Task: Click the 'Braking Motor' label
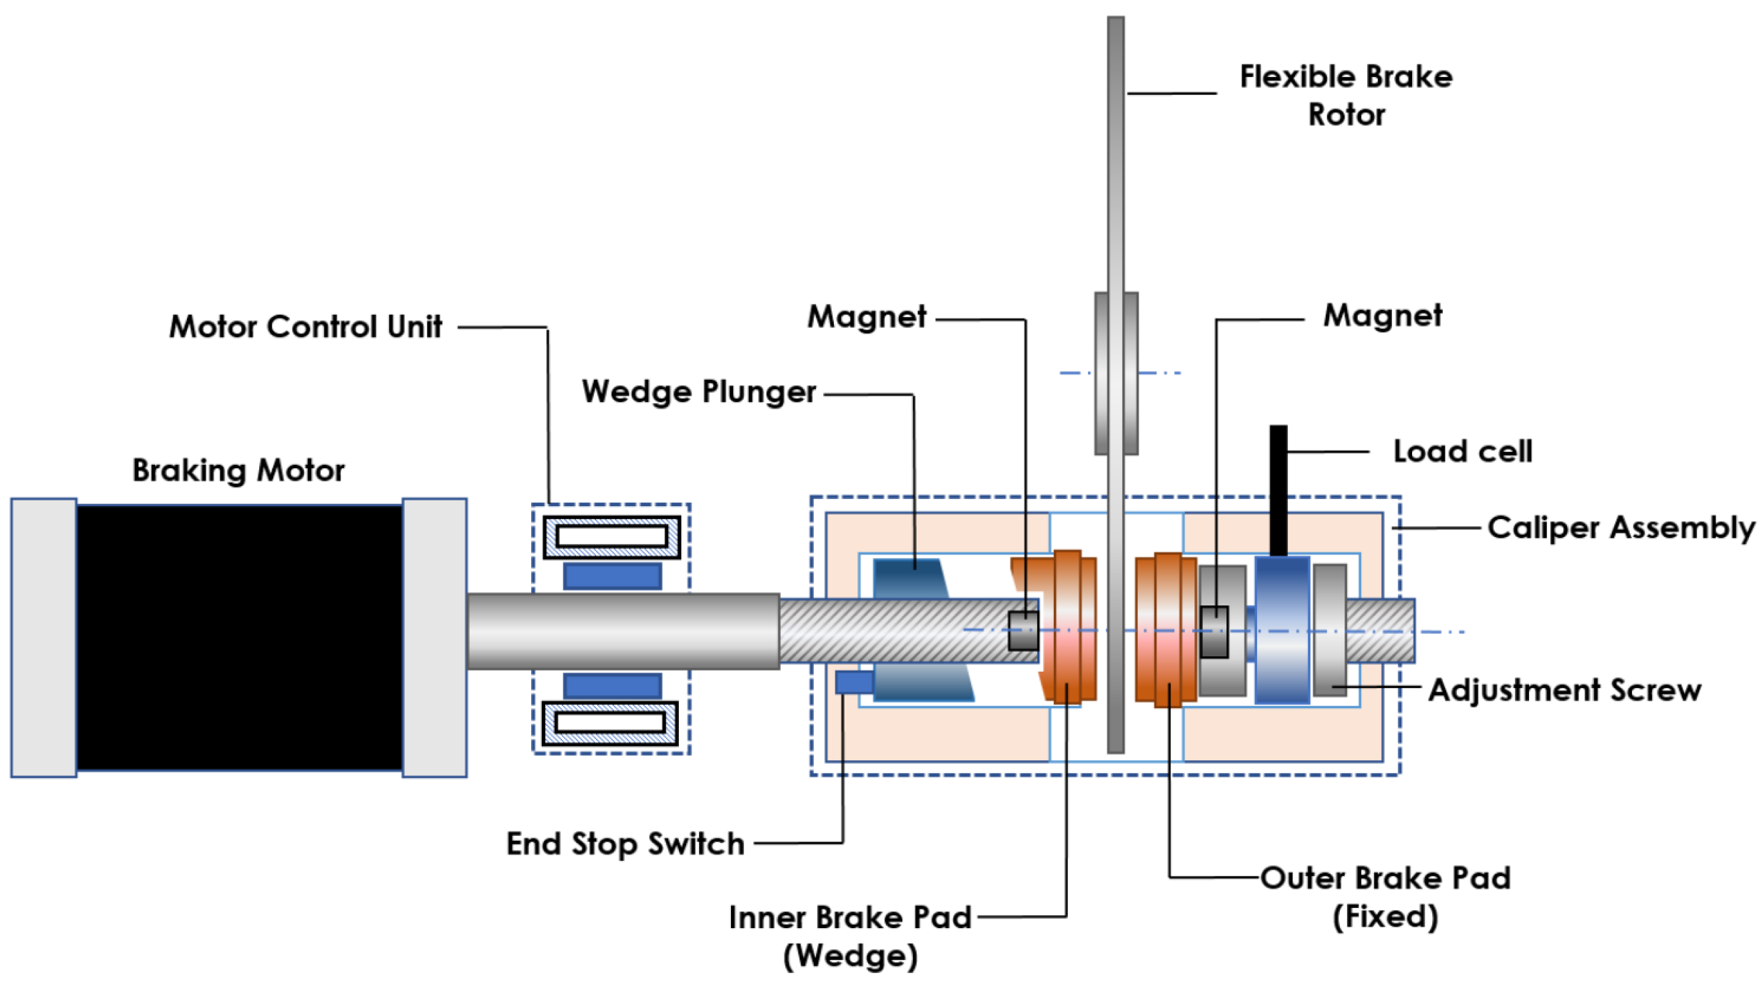coord(238,470)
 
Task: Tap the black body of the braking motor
coord(239,637)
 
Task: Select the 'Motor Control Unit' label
coord(305,326)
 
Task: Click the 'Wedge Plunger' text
coord(698,391)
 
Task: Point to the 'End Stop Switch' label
coord(625,843)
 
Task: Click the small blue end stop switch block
coord(854,682)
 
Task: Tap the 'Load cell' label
coord(1462,451)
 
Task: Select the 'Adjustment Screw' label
coord(1564,690)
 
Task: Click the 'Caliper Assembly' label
coord(1621,528)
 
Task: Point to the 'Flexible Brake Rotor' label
coord(1346,95)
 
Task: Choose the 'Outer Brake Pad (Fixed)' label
coord(1385,897)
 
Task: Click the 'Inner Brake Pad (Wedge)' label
coord(850,936)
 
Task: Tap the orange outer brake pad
coord(1166,628)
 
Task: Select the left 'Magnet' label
coord(867,316)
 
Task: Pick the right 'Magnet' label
coord(1382,316)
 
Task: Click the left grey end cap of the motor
coord(44,637)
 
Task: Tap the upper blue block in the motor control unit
coord(612,576)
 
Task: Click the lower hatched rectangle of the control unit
coord(610,723)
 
